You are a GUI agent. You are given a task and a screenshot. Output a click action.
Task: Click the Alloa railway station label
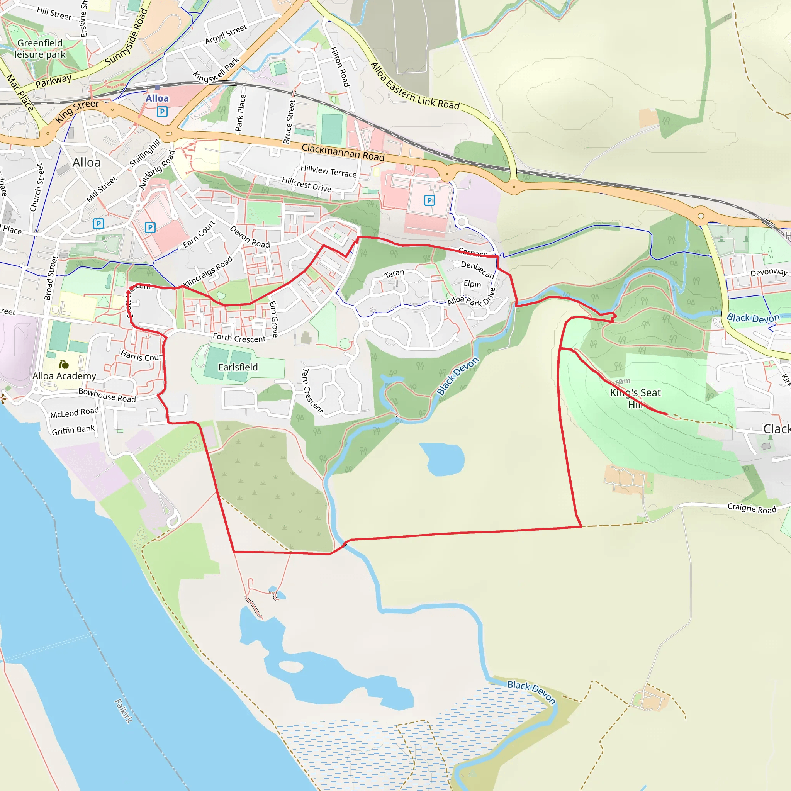pyautogui.click(x=157, y=98)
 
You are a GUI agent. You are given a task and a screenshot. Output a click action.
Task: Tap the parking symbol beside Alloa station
pyautogui.click(x=162, y=111)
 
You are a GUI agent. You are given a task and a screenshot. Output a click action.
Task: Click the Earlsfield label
pyautogui.click(x=238, y=367)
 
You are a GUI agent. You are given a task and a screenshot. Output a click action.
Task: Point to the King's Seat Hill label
pyautogui.click(x=635, y=398)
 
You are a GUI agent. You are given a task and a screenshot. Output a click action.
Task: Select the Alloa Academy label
pyautogui.click(x=64, y=376)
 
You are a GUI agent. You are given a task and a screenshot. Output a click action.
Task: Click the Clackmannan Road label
pyautogui.click(x=343, y=152)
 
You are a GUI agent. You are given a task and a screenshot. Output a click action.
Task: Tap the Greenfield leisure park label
pyautogui.click(x=40, y=49)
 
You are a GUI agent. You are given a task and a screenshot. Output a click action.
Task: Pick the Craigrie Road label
pyautogui.click(x=752, y=509)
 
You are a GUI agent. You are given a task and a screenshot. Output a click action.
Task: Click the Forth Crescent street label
pyautogui.click(x=239, y=338)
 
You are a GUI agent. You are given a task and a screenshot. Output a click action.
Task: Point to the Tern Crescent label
pyautogui.click(x=312, y=391)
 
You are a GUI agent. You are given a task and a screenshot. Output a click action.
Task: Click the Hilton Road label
pyautogui.click(x=340, y=67)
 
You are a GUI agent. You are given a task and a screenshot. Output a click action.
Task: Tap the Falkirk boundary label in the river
pyautogui.click(x=123, y=711)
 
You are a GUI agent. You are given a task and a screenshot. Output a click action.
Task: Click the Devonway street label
pyautogui.click(x=769, y=272)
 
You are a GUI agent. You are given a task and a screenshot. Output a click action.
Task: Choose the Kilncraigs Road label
pyautogui.click(x=208, y=271)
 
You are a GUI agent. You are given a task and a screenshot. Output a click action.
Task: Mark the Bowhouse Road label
pyautogui.click(x=107, y=395)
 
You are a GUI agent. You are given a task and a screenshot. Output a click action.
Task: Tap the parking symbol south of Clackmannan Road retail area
pyautogui.click(x=429, y=200)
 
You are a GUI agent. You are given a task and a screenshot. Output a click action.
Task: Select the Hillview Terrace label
pyautogui.click(x=328, y=171)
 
